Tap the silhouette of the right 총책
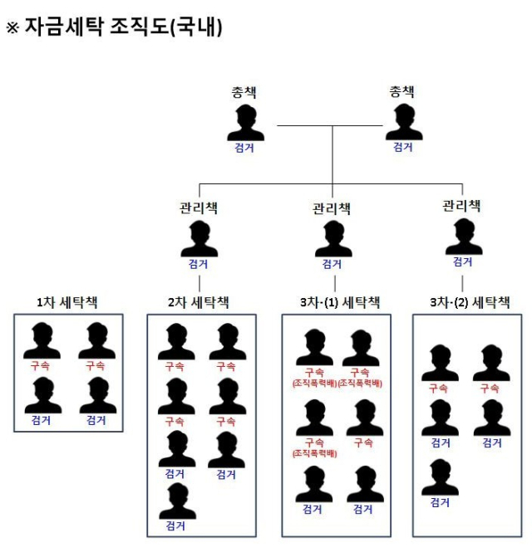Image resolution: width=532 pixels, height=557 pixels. (403, 122)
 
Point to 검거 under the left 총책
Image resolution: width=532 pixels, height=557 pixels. (245, 149)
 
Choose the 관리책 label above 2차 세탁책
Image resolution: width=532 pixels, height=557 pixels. (199, 207)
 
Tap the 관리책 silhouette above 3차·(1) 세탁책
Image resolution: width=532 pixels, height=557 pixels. (332, 239)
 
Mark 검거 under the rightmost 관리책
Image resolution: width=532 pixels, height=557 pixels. (463, 261)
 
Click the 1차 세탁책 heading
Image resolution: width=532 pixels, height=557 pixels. (68, 302)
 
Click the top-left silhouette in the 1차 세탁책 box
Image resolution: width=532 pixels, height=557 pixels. (42, 340)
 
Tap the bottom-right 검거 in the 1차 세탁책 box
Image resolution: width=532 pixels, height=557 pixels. (97, 421)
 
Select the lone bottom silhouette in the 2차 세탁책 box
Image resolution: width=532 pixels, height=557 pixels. (176, 501)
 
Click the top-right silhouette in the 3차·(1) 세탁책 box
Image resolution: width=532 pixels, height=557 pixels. (360, 347)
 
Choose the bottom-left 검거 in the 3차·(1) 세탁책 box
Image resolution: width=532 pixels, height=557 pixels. (313, 509)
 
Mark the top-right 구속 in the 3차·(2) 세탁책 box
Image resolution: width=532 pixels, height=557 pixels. (490, 388)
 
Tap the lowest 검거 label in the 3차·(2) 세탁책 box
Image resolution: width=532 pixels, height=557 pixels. (439, 502)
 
